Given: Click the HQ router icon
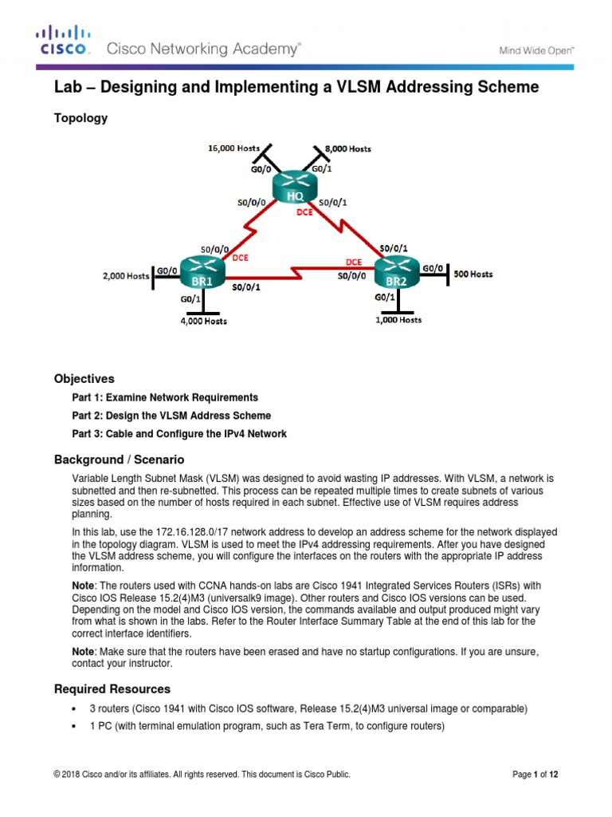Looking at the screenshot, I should click(293, 190).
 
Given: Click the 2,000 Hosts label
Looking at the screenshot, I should click(126, 276).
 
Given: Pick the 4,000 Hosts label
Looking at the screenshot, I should click(202, 321).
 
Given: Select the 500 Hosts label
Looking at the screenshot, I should click(473, 274).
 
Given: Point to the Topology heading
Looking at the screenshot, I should click(80, 118).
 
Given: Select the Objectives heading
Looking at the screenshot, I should click(84, 379).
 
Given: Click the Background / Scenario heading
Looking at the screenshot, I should click(119, 460).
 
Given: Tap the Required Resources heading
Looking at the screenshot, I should click(112, 689).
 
